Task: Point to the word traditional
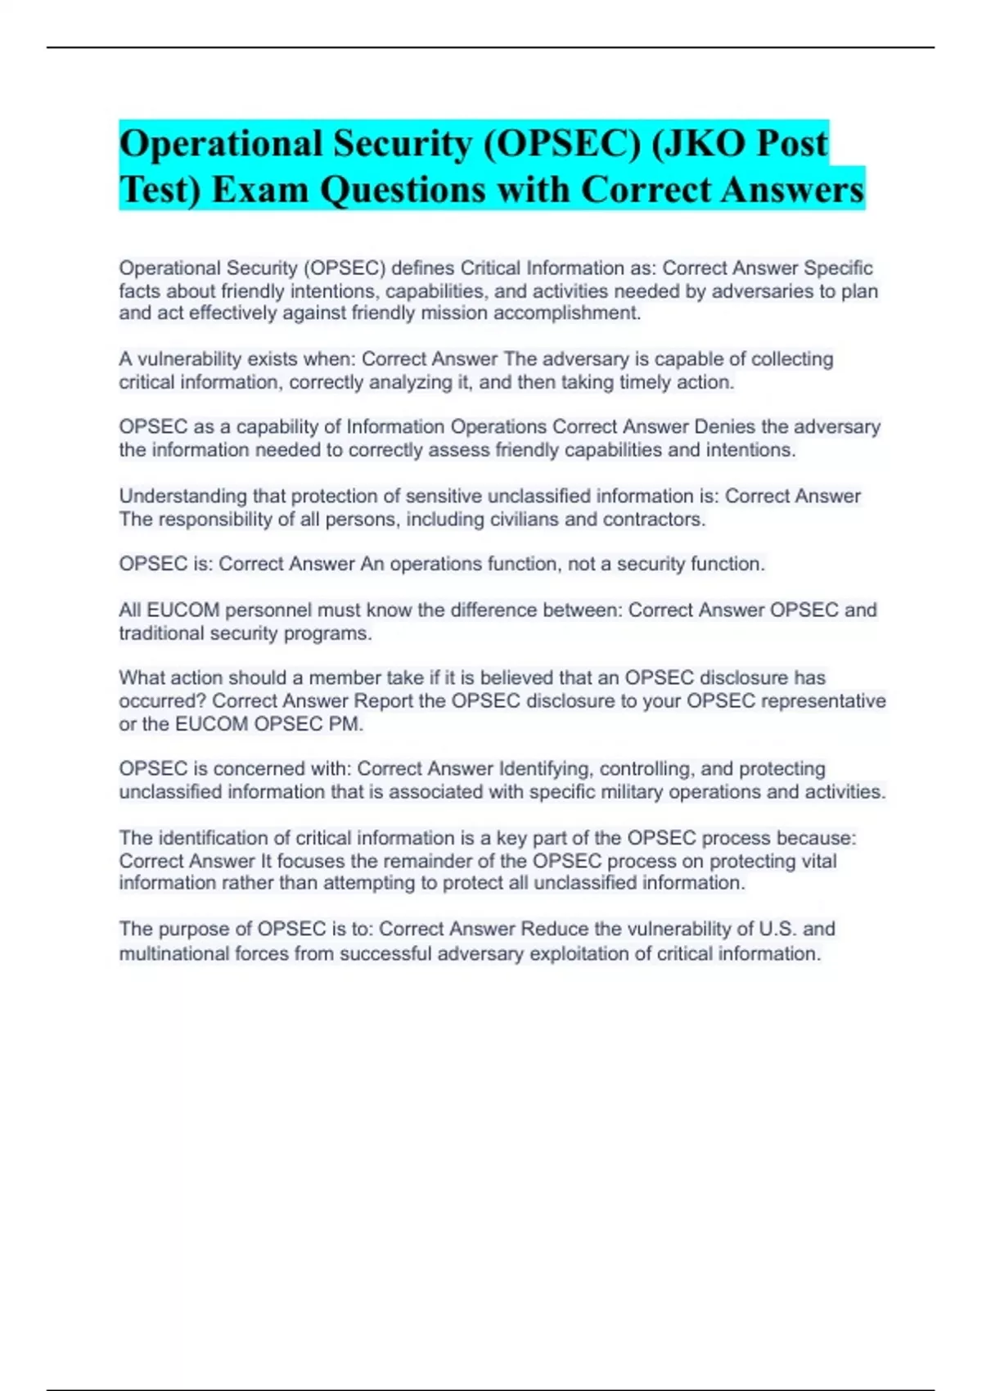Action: (x=161, y=633)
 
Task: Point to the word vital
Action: (x=818, y=861)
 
